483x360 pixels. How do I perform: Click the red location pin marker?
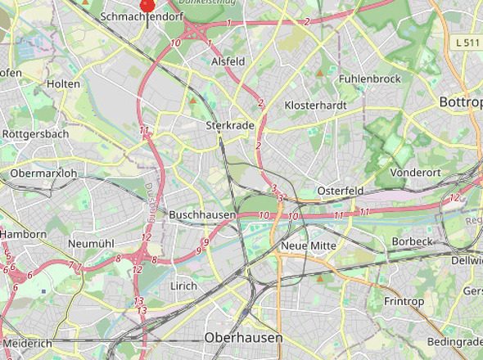click(x=147, y=5)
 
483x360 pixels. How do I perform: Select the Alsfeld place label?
click(x=228, y=61)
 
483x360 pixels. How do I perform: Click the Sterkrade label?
click(x=226, y=126)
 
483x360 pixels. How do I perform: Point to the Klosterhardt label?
click(x=315, y=106)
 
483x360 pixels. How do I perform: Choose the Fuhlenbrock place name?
click(x=369, y=79)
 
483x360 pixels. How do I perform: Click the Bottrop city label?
click(x=460, y=102)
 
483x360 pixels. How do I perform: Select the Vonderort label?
click(x=416, y=173)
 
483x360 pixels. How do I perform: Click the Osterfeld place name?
click(x=340, y=190)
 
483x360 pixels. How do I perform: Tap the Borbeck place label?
click(x=411, y=242)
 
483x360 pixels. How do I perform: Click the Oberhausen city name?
click(x=243, y=337)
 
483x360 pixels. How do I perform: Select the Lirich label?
click(x=183, y=286)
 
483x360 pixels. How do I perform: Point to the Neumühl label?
click(x=91, y=244)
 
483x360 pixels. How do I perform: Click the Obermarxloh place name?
click(x=43, y=173)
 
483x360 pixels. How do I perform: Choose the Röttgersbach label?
click(x=36, y=133)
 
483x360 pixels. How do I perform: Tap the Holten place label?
click(x=64, y=84)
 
